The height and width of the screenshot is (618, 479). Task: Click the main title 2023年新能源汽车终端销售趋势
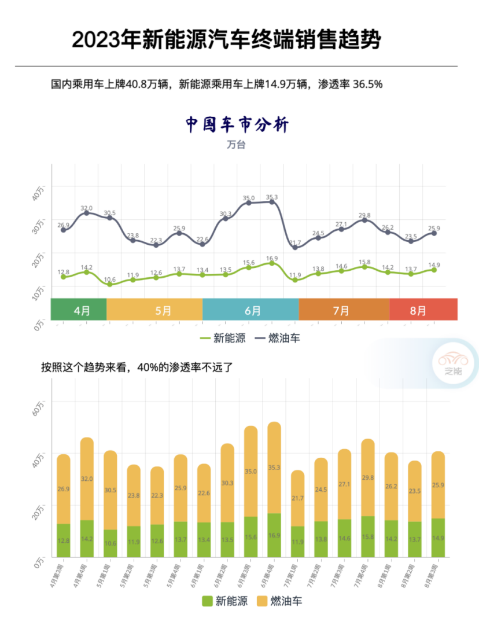point(227,40)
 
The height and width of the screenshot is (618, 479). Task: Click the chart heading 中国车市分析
point(237,124)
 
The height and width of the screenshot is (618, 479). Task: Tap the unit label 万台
point(236,145)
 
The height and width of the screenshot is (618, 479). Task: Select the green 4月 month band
point(79,310)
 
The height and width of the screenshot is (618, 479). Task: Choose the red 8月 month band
point(423,310)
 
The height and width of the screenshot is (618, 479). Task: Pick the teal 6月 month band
point(250,310)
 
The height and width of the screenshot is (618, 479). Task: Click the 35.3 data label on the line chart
point(271,197)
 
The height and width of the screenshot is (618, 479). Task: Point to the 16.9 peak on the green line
point(271,263)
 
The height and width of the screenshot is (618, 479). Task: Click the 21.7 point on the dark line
point(295,247)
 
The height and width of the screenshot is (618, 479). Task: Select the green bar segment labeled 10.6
point(110,543)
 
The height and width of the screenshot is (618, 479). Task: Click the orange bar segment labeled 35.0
point(250,471)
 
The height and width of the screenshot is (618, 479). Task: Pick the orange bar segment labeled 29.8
point(368,477)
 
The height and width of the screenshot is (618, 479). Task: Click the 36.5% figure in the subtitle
point(369,84)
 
